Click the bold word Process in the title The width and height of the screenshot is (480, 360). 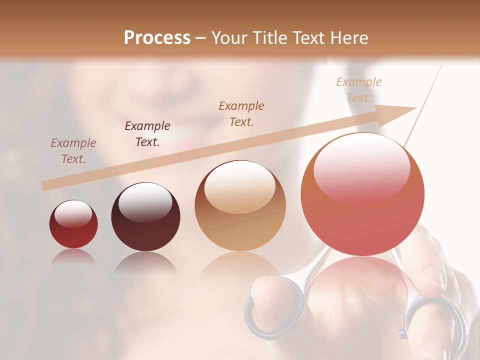157,38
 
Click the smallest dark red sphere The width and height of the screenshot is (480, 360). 73,224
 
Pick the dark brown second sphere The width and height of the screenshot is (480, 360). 145,217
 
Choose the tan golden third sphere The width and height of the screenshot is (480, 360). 240,206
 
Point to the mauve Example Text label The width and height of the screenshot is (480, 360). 73,151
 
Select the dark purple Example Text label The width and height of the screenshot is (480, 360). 147,134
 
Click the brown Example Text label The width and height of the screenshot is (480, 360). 241,113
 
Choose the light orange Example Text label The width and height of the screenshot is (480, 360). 358,90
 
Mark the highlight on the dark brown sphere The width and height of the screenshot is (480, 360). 145,202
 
